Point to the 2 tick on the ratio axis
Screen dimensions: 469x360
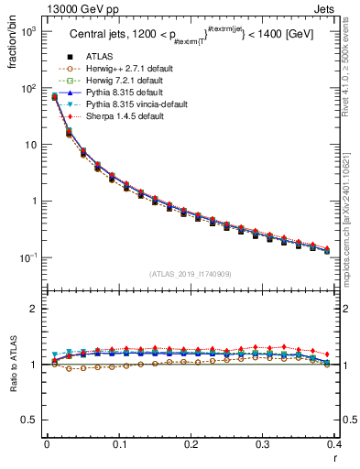point(35,309)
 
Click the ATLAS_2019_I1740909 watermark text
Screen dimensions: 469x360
point(191,274)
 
